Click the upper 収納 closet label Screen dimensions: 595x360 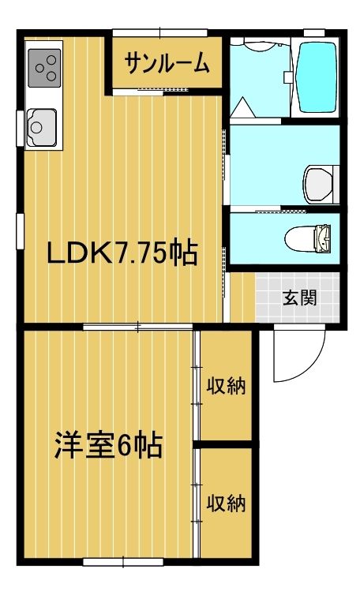(227, 386)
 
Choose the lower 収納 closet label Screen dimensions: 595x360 (227, 502)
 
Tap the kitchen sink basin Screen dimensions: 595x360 (40, 125)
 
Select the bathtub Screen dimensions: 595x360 (317, 77)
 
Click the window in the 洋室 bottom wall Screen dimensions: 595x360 (123, 562)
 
